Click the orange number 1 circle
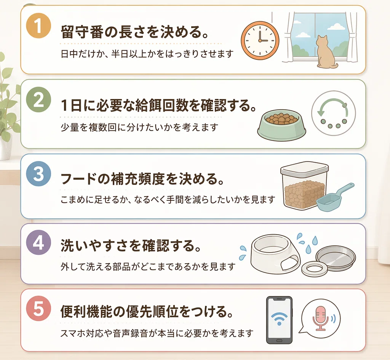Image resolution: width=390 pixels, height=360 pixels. click(38, 26)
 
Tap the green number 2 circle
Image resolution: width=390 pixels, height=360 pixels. click(38, 100)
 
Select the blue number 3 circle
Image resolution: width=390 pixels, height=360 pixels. click(38, 173)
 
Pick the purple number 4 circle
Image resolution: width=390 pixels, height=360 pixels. click(38, 242)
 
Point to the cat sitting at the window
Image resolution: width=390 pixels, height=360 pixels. click(326, 52)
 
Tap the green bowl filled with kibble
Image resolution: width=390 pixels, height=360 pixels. click(281, 125)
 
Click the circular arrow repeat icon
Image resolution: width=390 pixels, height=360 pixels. click(334, 113)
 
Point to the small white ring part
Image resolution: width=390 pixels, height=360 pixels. click(314, 268)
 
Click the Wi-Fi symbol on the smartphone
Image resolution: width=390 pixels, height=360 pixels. click(279, 318)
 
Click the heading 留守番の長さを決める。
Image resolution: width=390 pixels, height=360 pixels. click(134, 32)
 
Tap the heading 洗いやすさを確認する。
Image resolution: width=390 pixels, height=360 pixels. click(131, 246)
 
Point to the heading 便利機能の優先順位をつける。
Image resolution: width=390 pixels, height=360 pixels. click(147, 312)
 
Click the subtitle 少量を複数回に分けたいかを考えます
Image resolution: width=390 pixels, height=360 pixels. click(139, 127)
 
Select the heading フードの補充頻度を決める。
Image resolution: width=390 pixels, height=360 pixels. click(142, 179)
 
